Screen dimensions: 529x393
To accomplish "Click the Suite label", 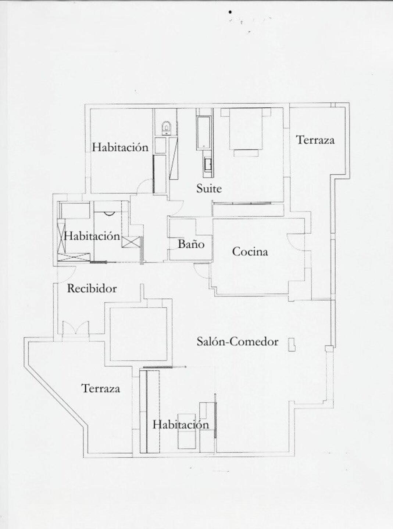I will [x=209, y=188].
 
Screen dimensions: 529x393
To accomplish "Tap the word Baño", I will [x=191, y=244].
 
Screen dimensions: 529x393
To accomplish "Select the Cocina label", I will [x=250, y=252].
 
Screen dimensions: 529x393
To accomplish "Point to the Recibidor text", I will [x=92, y=289].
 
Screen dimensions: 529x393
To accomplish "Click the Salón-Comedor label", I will [x=237, y=342].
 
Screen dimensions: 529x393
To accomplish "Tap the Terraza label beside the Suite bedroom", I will [x=315, y=140].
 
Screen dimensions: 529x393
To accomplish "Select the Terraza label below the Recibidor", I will [x=101, y=389].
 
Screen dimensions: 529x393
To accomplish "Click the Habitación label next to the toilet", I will [x=120, y=147].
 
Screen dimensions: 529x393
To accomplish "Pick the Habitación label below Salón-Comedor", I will [x=181, y=425].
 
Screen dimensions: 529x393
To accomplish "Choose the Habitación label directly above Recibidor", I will [x=92, y=236].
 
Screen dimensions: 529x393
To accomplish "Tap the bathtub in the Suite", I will [x=203, y=133].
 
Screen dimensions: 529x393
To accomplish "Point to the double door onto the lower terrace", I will [x=75, y=328].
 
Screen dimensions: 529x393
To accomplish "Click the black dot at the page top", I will [x=230, y=12].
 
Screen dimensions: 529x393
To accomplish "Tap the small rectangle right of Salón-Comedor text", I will [x=292, y=345].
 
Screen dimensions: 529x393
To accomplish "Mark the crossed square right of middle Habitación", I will [x=131, y=243].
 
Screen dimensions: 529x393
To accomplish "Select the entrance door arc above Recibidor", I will [x=67, y=270].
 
